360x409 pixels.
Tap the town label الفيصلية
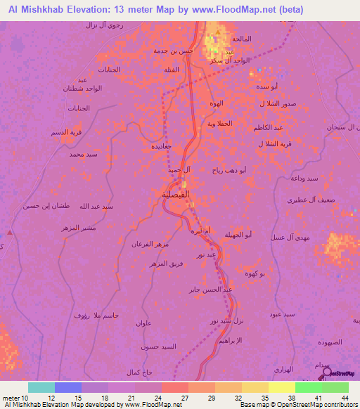coord(175,194)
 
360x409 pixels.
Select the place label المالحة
coord(252,37)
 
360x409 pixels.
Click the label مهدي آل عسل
coord(288,238)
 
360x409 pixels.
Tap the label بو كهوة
coord(253,275)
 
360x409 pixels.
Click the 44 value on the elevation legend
coord(345,397)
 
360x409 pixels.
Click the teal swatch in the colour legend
coord(41,387)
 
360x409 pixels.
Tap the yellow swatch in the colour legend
coord(281,387)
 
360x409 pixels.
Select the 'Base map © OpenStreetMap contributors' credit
coord(298,405)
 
